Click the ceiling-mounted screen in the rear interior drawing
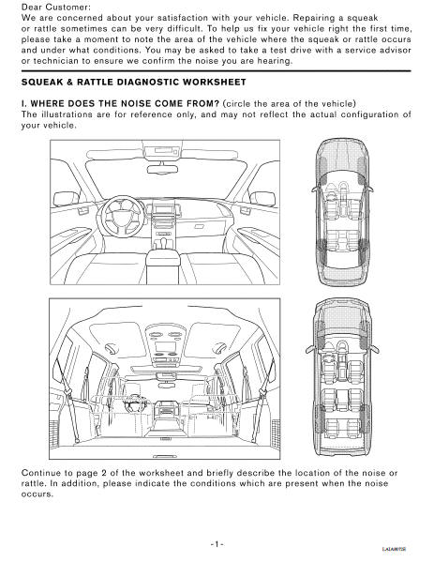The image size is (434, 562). coord(169,361)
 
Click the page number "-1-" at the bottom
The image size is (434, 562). coord(216,543)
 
